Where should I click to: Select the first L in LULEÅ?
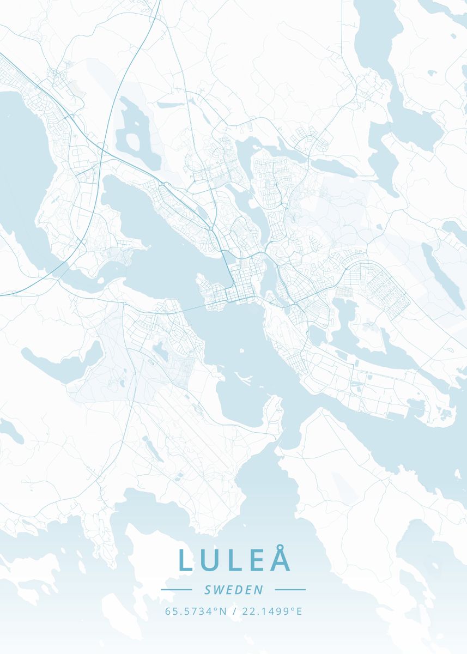[185, 560]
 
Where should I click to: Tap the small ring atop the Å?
[279, 547]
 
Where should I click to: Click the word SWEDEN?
[233, 590]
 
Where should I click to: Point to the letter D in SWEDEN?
[238, 590]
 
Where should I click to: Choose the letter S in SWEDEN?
[208, 590]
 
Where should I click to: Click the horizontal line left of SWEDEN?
[176, 590]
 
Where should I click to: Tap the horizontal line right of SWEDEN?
[290, 590]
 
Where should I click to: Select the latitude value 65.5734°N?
[196, 611]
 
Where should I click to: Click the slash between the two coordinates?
[233, 611]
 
